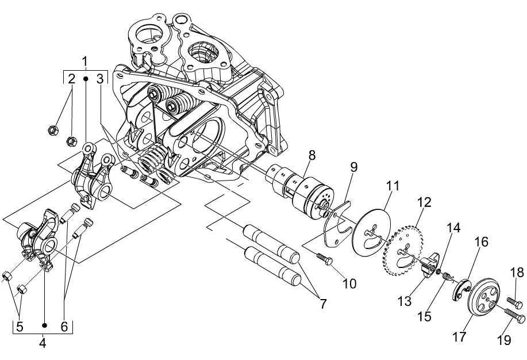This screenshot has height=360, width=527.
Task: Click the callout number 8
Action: point(312,155)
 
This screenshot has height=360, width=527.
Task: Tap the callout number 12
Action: point(424,202)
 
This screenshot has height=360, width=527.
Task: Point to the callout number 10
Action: point(349,284)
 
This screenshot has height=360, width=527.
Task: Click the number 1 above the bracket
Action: point(84,62)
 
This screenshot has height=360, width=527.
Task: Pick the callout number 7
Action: point(322,304)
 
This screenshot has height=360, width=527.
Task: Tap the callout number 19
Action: point(504,340)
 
